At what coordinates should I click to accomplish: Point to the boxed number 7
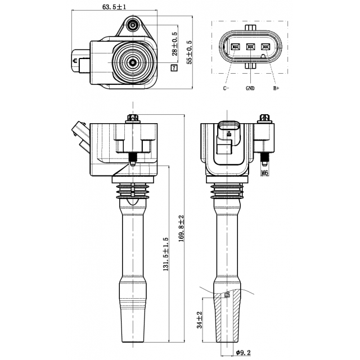174,68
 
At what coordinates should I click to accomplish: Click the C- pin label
226,88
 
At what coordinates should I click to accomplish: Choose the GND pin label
250,88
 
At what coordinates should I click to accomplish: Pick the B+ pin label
276,88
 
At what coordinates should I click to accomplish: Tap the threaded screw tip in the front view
133,159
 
